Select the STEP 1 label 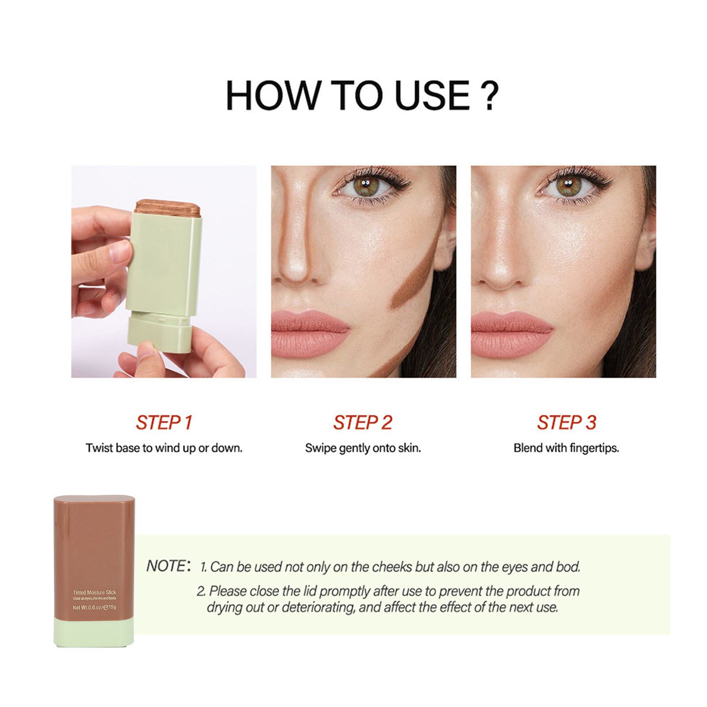coord(164,422)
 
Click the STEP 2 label coord(362,422)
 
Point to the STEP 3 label coord(566,422)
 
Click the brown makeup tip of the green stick coord(167,208)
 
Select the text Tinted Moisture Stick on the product coord(95,592)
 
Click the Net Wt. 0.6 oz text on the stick coord(87,608)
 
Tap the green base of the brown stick coord(94,632)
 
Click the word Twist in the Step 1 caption coord(99,448)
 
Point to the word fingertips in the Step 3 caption coord(594,449)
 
